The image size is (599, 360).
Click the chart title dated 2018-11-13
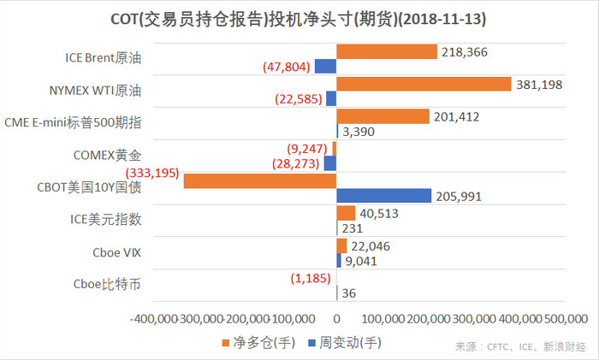click(299, 17)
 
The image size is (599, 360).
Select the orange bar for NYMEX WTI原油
click(424, 84)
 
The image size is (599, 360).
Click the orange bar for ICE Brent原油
click(387, 52)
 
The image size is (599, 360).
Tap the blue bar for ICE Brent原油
click(325, 66)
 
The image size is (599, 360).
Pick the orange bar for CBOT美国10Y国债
click(260, 180)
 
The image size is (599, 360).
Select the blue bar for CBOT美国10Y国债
click(383, 196)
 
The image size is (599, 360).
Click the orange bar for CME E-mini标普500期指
click(383, 116)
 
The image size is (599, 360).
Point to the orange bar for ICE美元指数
click(346, 213)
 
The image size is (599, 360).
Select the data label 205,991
click(459, 196)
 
